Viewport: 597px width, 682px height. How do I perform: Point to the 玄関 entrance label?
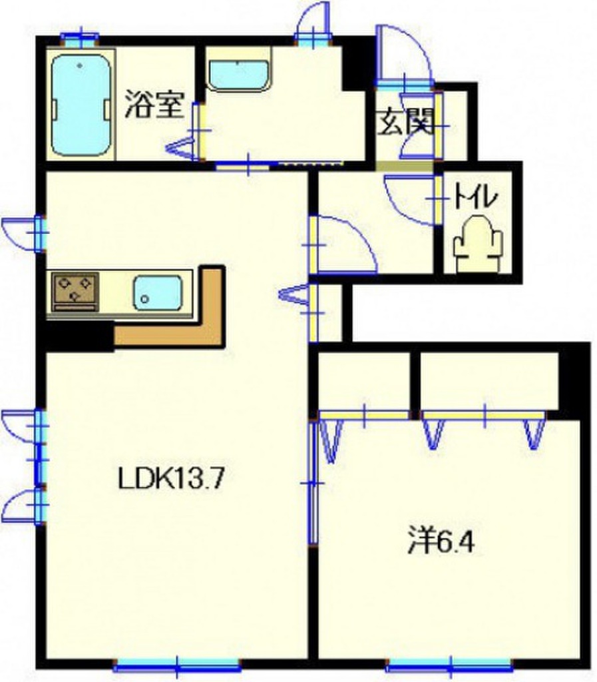(x=406, y=123)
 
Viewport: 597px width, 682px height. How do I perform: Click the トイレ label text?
(x=476, y=197)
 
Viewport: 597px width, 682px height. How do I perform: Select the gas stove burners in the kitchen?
(x=75, y=290)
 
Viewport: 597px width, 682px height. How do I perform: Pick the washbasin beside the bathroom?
(x=238, y=74)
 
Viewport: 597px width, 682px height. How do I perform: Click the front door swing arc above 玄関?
(x=402, y=53)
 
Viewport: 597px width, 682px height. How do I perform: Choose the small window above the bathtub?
(x=80, y=37)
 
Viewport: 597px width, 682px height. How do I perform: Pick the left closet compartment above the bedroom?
(x=364, y=381)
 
